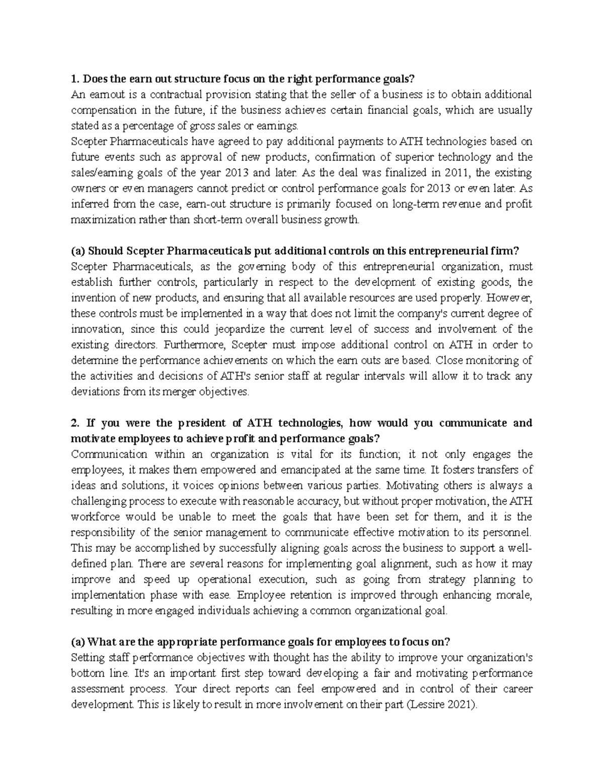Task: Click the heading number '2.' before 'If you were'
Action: [x=76, y=422]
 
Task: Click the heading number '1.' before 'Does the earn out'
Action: [x=75, y=79]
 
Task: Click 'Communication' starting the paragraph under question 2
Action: [x=102, y=454]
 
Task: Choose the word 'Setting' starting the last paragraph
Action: [x=86, y=658]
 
